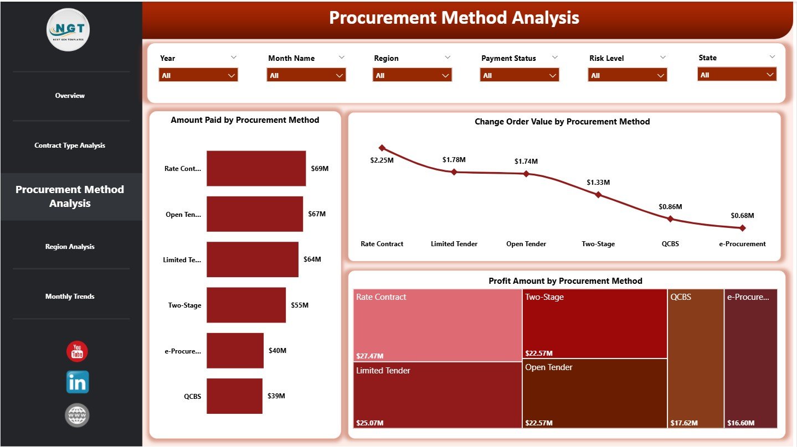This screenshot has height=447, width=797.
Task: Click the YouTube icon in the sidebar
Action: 77,351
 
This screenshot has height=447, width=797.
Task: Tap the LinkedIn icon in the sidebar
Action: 77,382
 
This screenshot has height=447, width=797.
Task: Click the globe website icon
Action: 77,415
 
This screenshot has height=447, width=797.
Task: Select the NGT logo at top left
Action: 69,30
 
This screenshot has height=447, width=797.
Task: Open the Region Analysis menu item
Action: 70,247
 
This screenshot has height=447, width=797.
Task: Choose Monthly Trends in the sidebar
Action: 70,297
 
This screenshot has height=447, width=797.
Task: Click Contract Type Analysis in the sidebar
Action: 70,145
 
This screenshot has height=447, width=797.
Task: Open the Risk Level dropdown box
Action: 627,75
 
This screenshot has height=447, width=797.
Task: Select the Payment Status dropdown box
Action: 519,75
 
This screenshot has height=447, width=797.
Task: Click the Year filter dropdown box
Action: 198,75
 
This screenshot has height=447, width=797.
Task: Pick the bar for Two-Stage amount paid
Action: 246,305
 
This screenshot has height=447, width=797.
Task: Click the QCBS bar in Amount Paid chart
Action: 234,396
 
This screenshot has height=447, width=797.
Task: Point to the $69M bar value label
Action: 320,168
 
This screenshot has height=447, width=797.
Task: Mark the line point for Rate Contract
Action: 382,148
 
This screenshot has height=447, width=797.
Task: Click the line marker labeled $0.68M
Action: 742,227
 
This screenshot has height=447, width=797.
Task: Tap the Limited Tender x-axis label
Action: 454,244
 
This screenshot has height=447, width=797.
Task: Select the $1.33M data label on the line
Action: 598,182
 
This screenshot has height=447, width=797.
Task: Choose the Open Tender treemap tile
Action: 594,393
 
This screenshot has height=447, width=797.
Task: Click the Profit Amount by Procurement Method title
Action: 565,281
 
